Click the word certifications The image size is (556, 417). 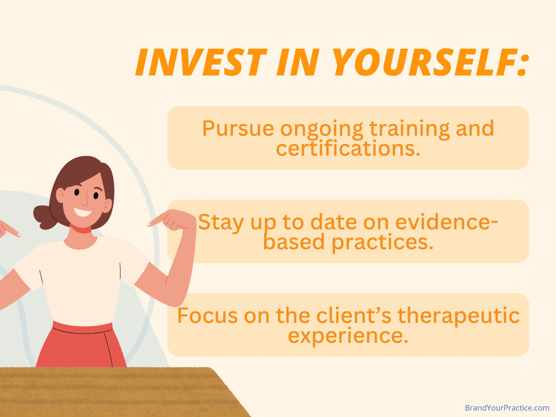pos(348,149)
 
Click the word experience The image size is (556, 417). pos(348,336)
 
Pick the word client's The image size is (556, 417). pos(355,316)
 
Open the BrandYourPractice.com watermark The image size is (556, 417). pos(507,408)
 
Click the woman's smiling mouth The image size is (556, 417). pos(83,212)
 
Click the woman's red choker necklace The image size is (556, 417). pos(82,229)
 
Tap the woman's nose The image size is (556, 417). pos(85,200)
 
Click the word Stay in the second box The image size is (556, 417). pos(220,222)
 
